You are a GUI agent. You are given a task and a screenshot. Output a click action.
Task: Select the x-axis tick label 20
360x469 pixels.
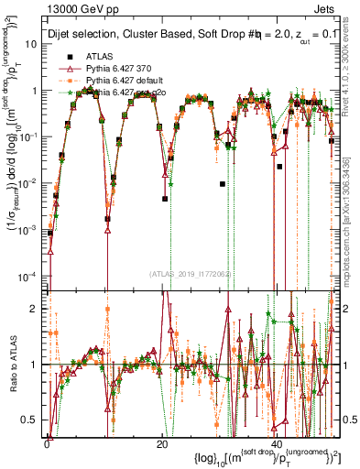pyautogui.click(x=162, y=442)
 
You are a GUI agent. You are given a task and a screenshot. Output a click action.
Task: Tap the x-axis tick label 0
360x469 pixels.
pyautogui.click(x=47, y=442)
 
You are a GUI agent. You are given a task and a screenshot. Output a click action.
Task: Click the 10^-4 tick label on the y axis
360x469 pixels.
pyautogui.click(x=33, y=276)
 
